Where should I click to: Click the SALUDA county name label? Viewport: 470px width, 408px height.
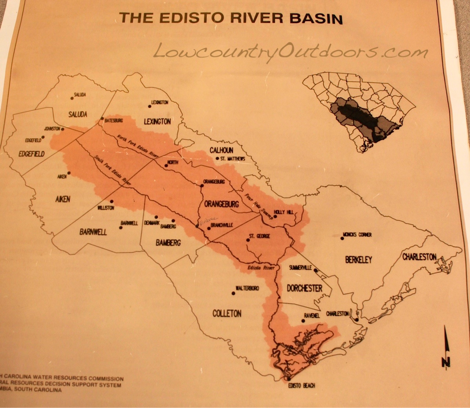point(78,114)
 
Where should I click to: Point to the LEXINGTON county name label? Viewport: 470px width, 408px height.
point(157,121)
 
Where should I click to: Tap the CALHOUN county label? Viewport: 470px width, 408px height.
point(221,150)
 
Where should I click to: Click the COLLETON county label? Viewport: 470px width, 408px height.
point(227,313)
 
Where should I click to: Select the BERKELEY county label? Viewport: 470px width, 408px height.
point(358,260)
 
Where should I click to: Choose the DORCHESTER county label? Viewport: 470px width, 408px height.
point(304,288)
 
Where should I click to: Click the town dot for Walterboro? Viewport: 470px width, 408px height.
point(233,293)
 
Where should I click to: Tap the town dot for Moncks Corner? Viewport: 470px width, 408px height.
point(342,238)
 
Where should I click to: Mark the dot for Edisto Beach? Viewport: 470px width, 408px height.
point(290,379)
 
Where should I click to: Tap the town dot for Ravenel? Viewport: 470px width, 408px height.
point(303,321)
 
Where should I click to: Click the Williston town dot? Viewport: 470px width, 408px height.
point(111,201)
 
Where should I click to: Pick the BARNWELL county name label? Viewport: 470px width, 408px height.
point(93,232)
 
